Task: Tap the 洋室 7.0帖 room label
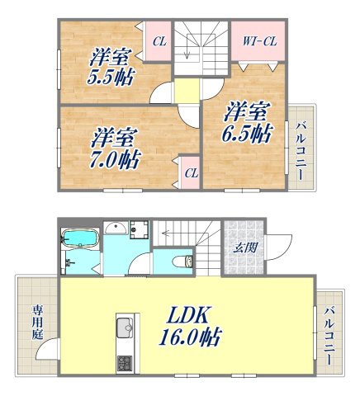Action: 113,145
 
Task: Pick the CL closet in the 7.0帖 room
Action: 191,172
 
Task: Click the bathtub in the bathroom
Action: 81,239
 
